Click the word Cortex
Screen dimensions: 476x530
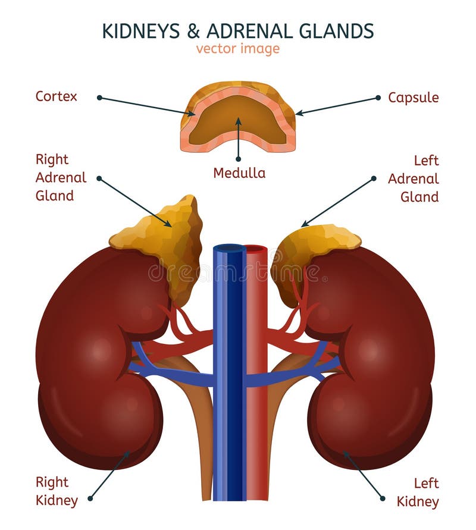click(56, 96)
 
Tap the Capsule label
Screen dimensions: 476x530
click(413, 97)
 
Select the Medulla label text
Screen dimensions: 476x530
click(239, 173)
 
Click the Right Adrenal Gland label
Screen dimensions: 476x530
click(61, 177)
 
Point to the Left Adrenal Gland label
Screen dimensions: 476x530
click(414, 178)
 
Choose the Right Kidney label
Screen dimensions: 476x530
click(57, 491)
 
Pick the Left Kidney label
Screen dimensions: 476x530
click(418, 492)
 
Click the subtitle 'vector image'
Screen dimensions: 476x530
click(237, 49)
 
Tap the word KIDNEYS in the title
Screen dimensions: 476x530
click(137, 30)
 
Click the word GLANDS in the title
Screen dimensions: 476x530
click(339, 30)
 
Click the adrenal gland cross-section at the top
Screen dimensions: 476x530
click(238, 116)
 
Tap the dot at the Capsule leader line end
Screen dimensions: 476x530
click(378, 97)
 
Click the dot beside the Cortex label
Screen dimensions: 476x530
click(99, 97)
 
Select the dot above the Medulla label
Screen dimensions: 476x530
click(239, 159)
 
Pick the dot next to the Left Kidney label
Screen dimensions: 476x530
click(383, 498)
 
